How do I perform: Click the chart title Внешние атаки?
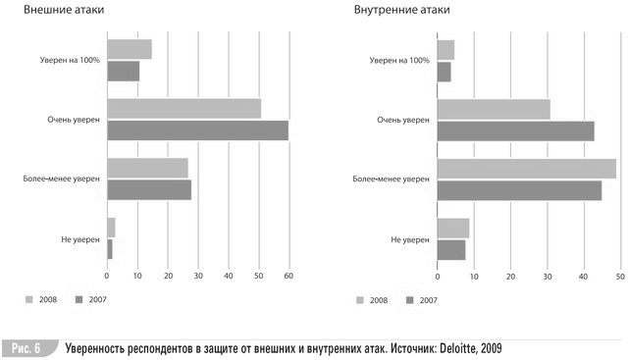(x=64, y=10)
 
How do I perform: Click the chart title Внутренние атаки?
(x=401, y=10)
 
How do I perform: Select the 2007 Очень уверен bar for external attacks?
(x=198, y=130)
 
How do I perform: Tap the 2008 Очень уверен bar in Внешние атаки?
(x=184, y=109)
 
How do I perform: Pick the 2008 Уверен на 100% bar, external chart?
(x=130, y=49)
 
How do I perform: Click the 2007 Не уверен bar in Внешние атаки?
(x=110, y=249)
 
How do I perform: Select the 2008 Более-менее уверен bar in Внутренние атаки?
(x=527, y=169)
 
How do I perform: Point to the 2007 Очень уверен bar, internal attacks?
(x=516, y=131)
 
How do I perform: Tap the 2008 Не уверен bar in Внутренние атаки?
(x=453, y=229)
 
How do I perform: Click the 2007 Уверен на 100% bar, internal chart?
(x=445, y=72)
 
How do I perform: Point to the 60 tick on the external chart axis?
(x=288, y=276)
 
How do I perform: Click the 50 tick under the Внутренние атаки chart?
(x=620, y=277)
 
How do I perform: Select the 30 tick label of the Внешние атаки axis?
(x=198, y=276)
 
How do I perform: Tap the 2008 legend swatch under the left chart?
(x=28, y=299)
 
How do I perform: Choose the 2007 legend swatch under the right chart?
(x=409, y=300)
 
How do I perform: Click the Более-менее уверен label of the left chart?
(x=61, y=179)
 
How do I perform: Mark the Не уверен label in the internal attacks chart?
(x=410, y=240)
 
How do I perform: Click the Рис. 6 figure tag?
(x=26, y=348)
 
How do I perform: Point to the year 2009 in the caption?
(x=491, y=348)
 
